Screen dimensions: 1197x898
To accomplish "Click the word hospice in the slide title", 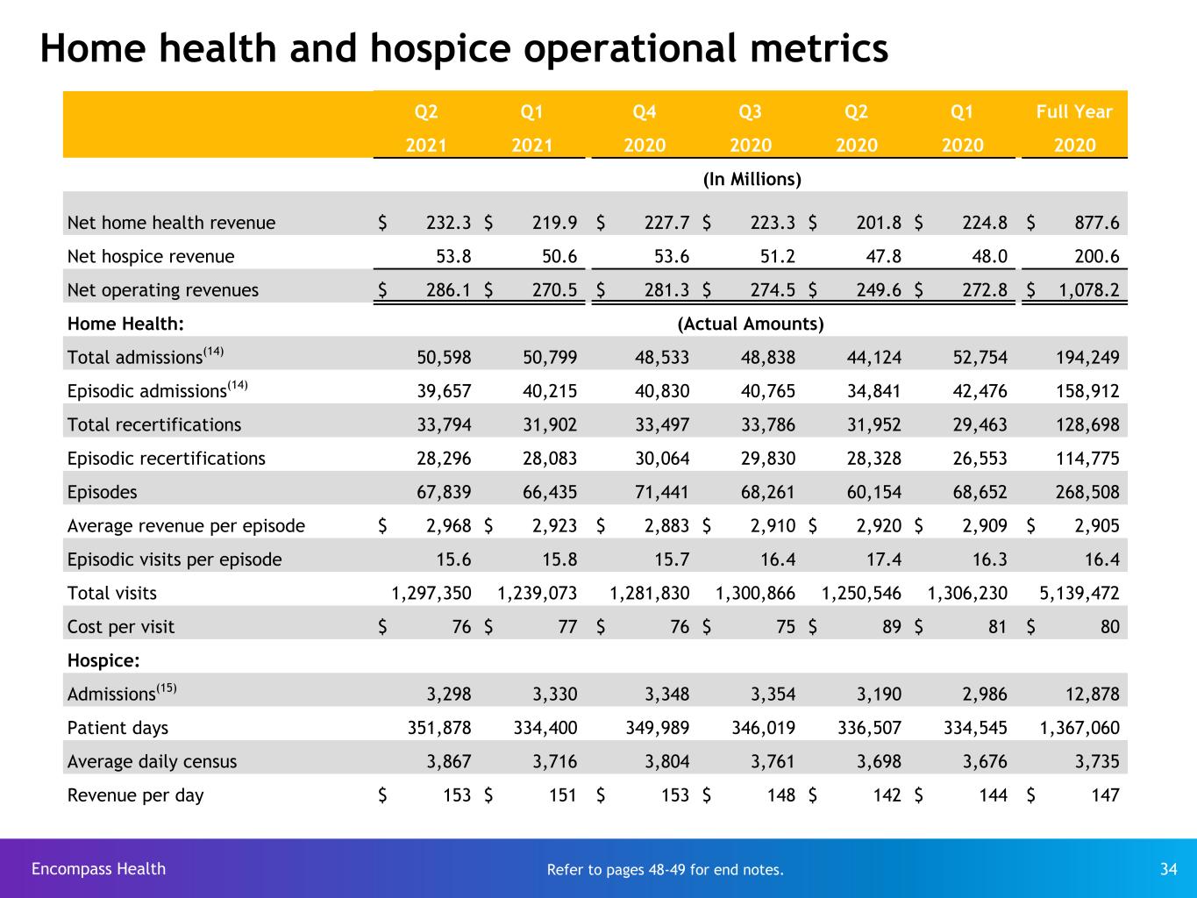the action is [440, 49].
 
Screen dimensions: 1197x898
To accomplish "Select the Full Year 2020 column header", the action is [1074, 128].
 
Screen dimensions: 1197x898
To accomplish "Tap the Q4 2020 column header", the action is [645, 128].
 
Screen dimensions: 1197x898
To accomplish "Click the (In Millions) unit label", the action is [752, 179].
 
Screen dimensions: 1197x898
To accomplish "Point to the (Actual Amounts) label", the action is [751, 324].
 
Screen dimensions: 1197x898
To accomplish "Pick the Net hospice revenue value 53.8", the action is [453, 256].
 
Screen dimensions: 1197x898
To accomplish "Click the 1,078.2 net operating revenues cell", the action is [1089, 290].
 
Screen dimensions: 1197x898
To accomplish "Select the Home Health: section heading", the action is [125, 324].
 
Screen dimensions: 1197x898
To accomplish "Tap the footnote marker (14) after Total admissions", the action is [213, 351].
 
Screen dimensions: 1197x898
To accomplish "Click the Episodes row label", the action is [102, 492].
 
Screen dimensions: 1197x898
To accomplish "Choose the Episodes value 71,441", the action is [661, 492].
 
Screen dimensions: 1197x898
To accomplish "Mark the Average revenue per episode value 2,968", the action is [449, 526].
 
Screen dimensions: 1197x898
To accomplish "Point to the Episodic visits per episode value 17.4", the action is [883, 559].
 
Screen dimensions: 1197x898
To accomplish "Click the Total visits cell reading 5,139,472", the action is [1079, 593].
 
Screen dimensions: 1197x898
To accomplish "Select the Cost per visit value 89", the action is [892, 627].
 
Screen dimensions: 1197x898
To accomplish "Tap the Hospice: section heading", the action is [103, 661].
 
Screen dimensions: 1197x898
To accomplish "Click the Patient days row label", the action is [118, 729].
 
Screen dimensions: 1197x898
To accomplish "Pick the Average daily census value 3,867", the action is [449, 762].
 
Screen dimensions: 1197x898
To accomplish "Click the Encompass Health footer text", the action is [99, 868].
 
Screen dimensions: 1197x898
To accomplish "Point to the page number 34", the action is [1169, 869].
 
